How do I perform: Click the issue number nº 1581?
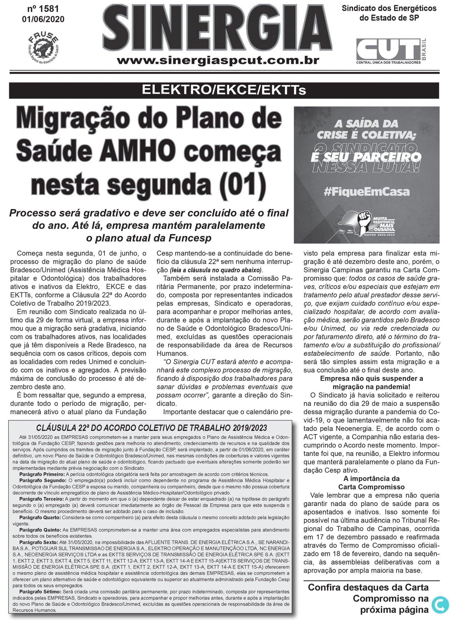tap(43, 9)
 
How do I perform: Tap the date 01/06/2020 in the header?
tap(43, 19)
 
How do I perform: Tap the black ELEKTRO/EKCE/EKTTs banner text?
tap(224, 90)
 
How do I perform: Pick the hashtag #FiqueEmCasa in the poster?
tap(367, 192)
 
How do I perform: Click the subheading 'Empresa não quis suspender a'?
tap(371, 379)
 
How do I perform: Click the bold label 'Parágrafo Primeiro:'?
tap(42, 474)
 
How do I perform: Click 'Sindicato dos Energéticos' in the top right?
tap(389, 8)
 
